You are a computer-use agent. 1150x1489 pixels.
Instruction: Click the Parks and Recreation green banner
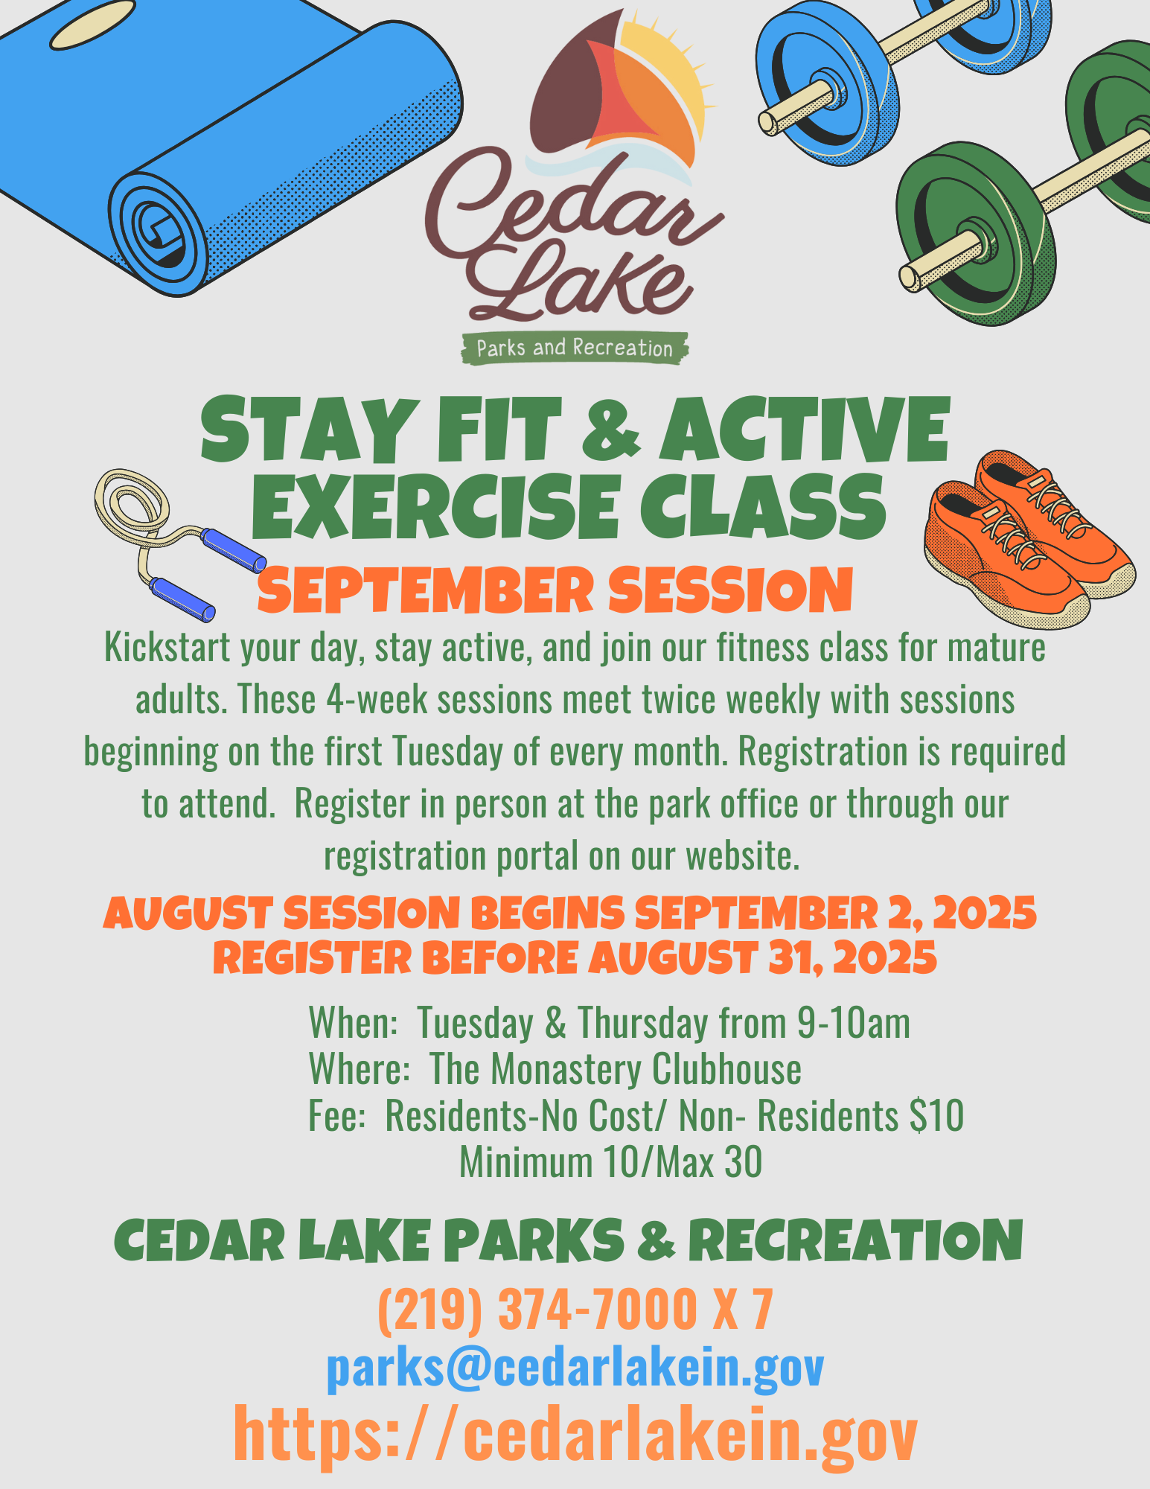(574, 348)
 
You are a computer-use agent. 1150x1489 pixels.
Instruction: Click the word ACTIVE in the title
(804, 432)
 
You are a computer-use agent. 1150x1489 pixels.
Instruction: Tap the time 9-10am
(853, 1023)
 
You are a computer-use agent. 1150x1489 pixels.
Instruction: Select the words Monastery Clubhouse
(646, 1069)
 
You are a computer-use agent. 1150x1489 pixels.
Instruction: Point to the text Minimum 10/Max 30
(610, 1162)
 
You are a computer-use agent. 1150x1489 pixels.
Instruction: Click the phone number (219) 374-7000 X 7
(575, 1309)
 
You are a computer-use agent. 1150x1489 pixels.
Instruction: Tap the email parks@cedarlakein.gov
(575, 1368)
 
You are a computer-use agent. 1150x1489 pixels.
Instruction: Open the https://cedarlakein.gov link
(575, 1433)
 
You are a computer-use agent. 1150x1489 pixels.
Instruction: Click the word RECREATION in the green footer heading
(856, 1242)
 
